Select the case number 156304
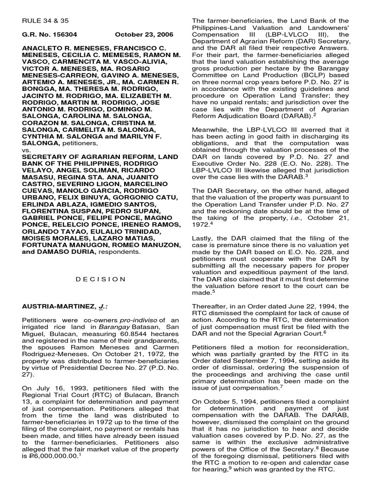click(x=65, y=35)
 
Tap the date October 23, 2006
click(x=142, y=35)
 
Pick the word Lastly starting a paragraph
click(x=203, y=238)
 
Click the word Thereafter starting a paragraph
click(x=212, y=306)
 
